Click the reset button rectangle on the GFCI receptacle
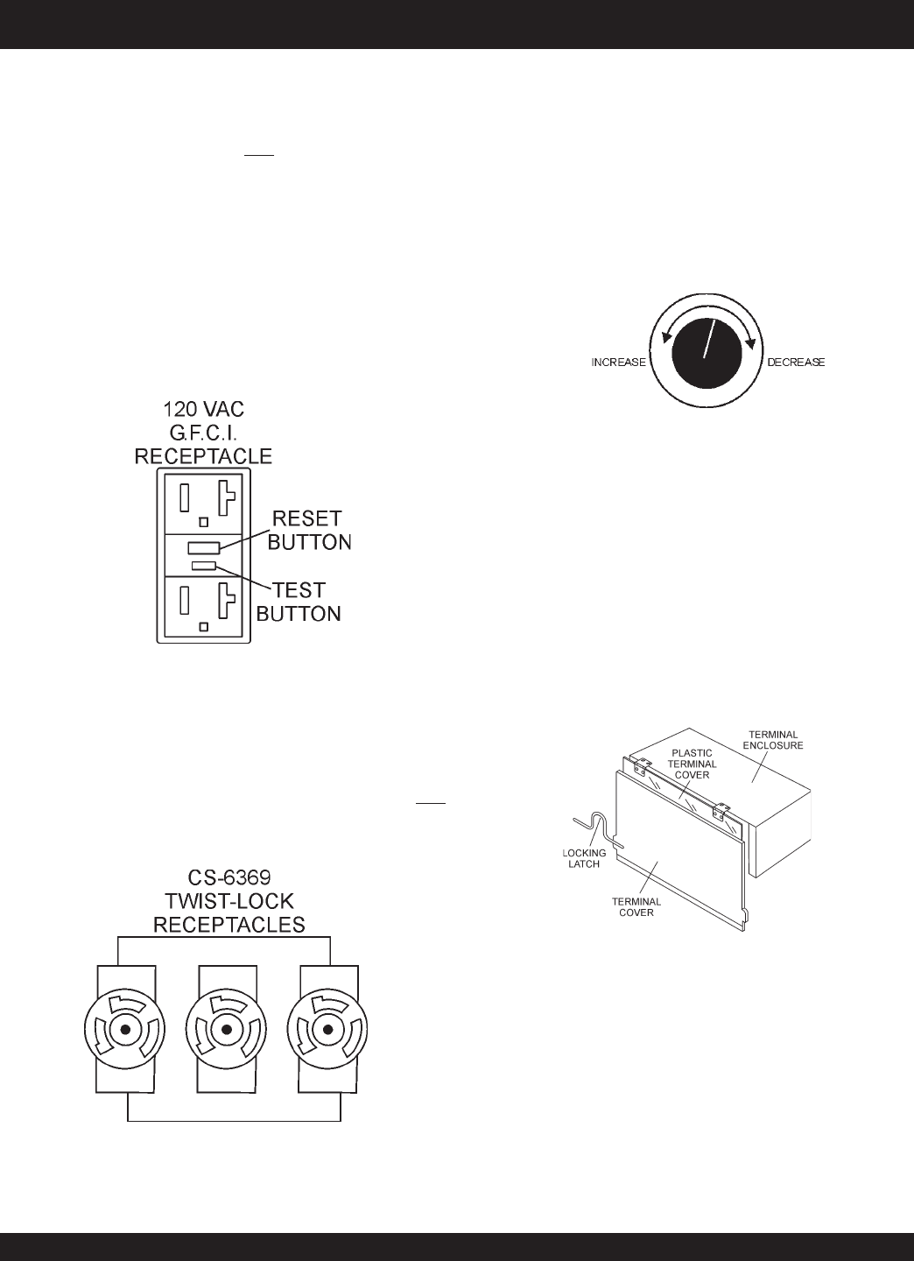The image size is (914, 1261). tap(204, 548)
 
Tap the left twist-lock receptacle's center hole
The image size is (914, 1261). tap(126, 1031)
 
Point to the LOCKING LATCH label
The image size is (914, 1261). tap(585, 858)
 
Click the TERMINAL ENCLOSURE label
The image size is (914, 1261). tap(775, 739)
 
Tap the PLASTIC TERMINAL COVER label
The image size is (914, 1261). tap(693, 764)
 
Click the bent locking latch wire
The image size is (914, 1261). tap(597, 827)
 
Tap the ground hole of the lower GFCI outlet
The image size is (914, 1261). tap(204, 627)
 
